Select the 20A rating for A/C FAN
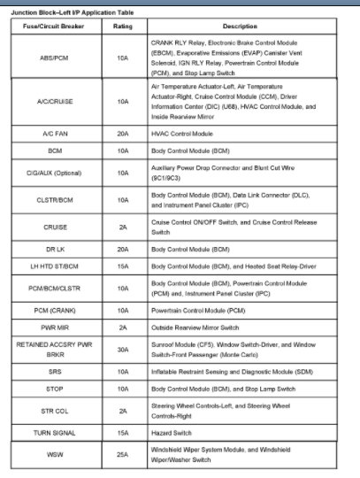pyautogui.click(x=123, y=135)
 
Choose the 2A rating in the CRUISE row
pyautogui.click(x=123, y=228)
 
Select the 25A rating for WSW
pyautogui.click(x=123, y=454)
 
